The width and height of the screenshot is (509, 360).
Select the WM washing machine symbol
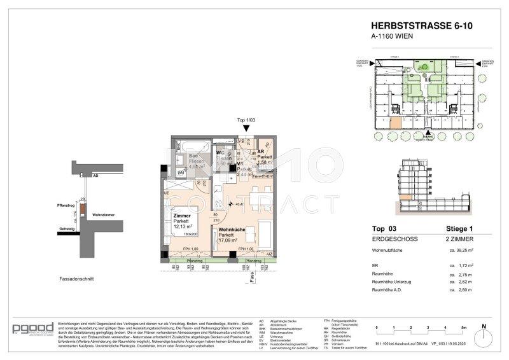[181, 172]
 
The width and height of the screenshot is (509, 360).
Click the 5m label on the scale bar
[464, 328]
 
